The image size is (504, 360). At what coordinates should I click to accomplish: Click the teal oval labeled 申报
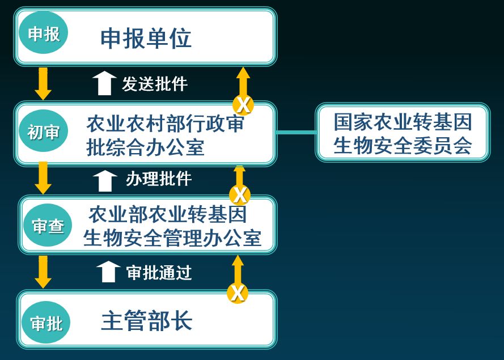pos(44,34)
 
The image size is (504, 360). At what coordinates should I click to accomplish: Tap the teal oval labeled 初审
pos(44,132)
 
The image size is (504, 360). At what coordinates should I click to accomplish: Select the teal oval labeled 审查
pos(48,226)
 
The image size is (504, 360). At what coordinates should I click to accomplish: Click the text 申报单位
pos(146,39)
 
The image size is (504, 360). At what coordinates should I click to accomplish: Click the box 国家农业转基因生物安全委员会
pos(403,133)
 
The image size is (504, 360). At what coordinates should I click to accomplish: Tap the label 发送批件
pos(155,84)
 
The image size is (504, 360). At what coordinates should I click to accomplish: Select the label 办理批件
pos(159,179)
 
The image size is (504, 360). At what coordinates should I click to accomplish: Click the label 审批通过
pos(159,273)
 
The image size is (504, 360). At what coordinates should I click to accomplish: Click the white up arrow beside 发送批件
pos(104,83)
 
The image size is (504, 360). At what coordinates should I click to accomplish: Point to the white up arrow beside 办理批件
pos(105,180)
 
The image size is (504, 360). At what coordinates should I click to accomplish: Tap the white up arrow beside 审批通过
pos(108,272)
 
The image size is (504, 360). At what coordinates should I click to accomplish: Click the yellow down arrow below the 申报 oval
pos(43,83)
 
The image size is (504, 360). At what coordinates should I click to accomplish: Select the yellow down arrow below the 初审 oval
pos(43,178)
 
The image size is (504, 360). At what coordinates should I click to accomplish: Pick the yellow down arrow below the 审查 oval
pos(43,272)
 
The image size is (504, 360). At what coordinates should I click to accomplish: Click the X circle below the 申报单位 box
pos(243,104)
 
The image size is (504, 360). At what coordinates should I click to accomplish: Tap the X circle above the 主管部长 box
pos(238,293)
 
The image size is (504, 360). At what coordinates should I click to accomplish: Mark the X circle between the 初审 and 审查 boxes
pos(240,195)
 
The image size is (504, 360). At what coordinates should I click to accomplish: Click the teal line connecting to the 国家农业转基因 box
pos(295,133)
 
